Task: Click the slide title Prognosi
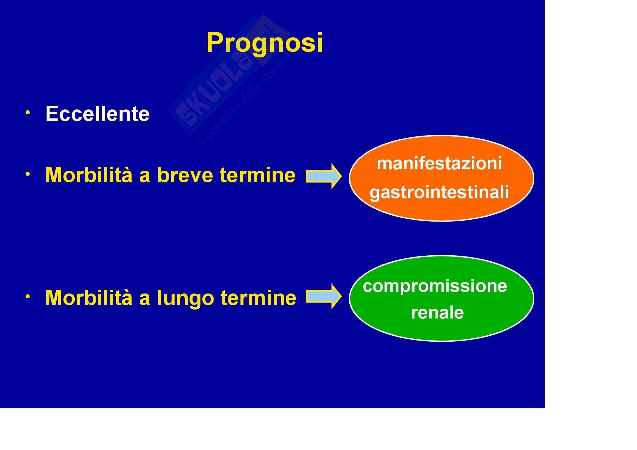[265, 43]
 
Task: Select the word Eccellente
[97, 114]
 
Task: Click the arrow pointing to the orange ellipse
[324, 176]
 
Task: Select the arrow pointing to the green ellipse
[324, 296]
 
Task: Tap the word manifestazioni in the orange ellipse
[440, 163]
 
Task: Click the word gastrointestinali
[439, 192]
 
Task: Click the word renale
[437, 313]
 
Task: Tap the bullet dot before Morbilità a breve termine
[28, 174]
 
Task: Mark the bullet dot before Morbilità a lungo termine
[28, 296]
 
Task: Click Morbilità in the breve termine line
[89, 175]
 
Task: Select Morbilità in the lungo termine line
[89, 298]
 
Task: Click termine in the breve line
[257, 175]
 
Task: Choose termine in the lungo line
[258, 298]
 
